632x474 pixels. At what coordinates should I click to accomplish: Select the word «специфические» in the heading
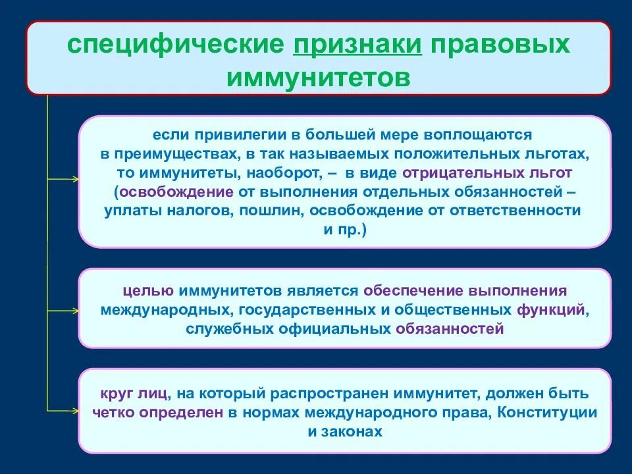click(175, 45)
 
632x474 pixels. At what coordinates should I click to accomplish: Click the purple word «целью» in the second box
click(148, 290)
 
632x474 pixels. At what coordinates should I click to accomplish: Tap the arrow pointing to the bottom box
click(63, 411)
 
